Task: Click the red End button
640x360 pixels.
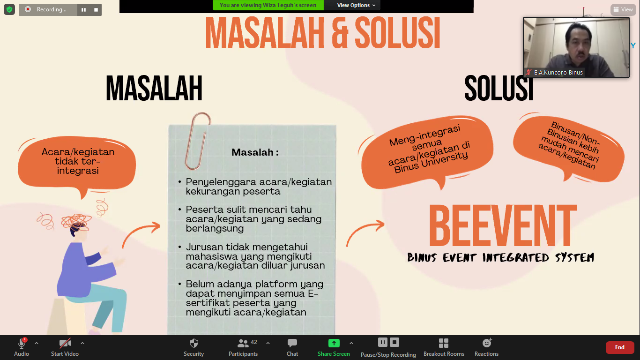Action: (x=619, y=347)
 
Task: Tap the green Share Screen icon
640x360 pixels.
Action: (x=334, y=343)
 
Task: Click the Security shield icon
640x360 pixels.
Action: (x=193, y=343)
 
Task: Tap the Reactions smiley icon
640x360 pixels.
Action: (x=487, y=343)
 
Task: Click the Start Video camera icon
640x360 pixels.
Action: (x=65, y=343)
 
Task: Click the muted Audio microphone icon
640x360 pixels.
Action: (x=22, y=343)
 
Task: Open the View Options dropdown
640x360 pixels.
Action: (x=356, y=5)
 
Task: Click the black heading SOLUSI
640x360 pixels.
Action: (x=499, y=88)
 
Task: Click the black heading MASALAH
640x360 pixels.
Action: (x=154, y=88)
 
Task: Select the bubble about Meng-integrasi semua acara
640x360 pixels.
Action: (x=427, y=151)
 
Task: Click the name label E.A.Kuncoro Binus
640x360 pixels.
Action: (x=558, y=73)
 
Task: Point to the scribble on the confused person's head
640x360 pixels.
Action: (x=76, y=222)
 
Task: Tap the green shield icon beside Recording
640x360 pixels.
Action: (x=9, y=9)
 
